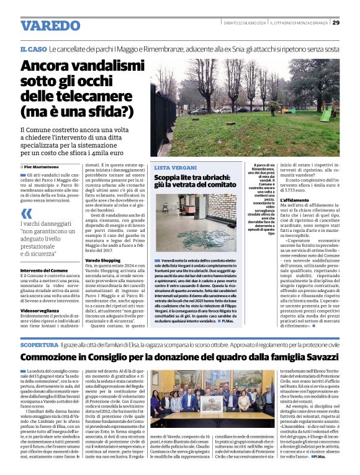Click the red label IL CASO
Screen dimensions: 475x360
point(33,49)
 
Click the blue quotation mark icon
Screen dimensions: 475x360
point(25,213)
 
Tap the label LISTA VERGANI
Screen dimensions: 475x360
point(173,168)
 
